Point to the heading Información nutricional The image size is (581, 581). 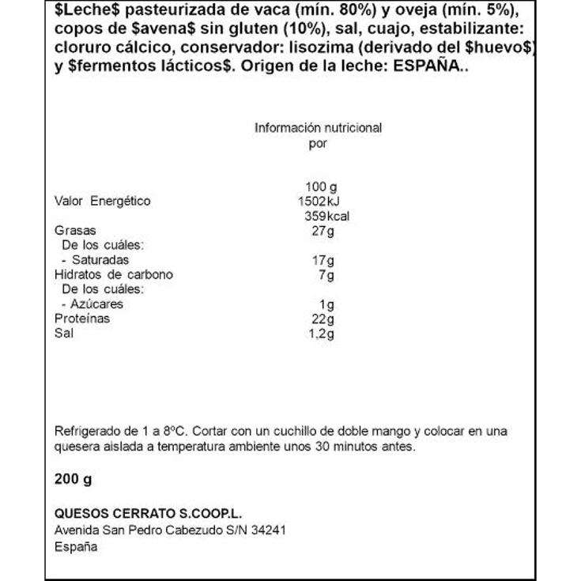(x=318, y=128)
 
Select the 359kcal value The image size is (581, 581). (x=326, y=217)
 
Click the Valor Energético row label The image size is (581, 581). (x=102, y=202)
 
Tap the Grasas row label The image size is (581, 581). (x=75, y=231)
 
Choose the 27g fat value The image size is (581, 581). (x=324, y=231)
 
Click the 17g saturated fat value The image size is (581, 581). (x=324, y=260)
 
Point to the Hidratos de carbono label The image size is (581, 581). (x=114, y=275)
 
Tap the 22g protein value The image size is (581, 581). (x=324, y=319)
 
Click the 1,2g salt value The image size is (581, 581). (x=322, y=334)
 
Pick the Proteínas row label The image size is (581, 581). (x=82, y=319)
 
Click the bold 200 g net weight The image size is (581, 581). (x=74, y=480)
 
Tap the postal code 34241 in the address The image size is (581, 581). (x=268, y=530)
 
